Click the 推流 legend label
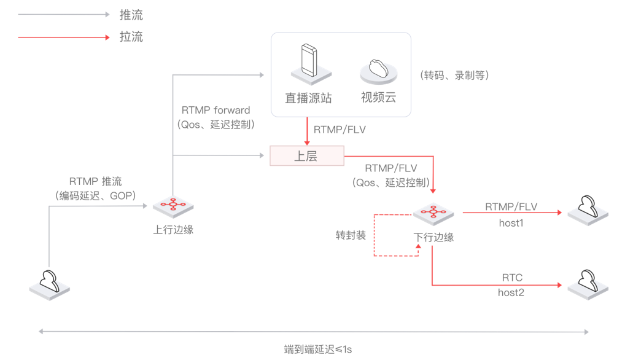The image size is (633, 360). (131, 15)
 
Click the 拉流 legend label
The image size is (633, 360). (131, 37)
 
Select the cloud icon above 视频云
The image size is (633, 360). (378, 70)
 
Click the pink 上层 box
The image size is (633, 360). (306, 156)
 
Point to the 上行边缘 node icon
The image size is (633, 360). (173, 206)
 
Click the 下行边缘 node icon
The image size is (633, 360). (433, 213)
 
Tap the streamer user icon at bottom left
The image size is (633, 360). (49, 283)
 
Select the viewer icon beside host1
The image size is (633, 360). (588, 209)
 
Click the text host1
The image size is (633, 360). (511, 223)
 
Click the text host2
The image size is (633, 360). (511, 292)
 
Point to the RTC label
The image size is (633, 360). (512, 278)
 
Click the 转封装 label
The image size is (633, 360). (351, 235)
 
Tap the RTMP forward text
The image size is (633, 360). (216, 111)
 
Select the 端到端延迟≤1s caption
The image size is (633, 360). (317, 349)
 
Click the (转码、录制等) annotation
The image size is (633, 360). (454, 76)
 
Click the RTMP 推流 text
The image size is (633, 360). (95, 181)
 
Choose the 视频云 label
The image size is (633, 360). (378, 98)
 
